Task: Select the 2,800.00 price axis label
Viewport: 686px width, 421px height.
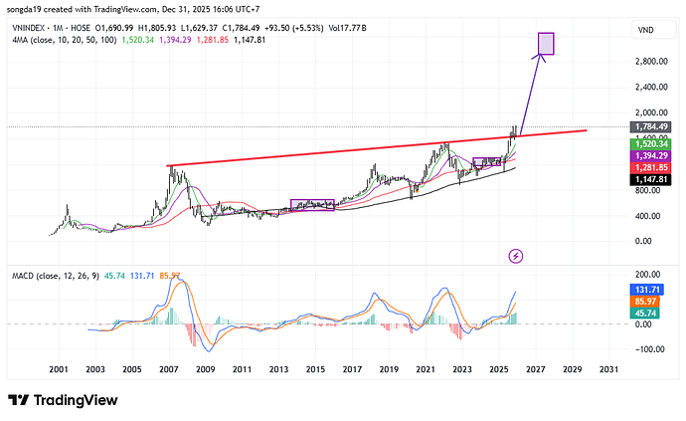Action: pyautogui.click(x=649, y=61)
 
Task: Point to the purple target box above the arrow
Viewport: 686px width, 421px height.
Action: pyautogui.click(x=545, y=43)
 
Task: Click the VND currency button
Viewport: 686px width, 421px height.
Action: pyautogui.click(x=647, y=32)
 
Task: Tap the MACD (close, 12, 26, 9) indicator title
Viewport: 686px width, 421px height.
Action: pyautogui.click(x=56, y=275)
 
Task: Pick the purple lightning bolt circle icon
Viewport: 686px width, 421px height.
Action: pyautogui.click(x=515, y=257)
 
